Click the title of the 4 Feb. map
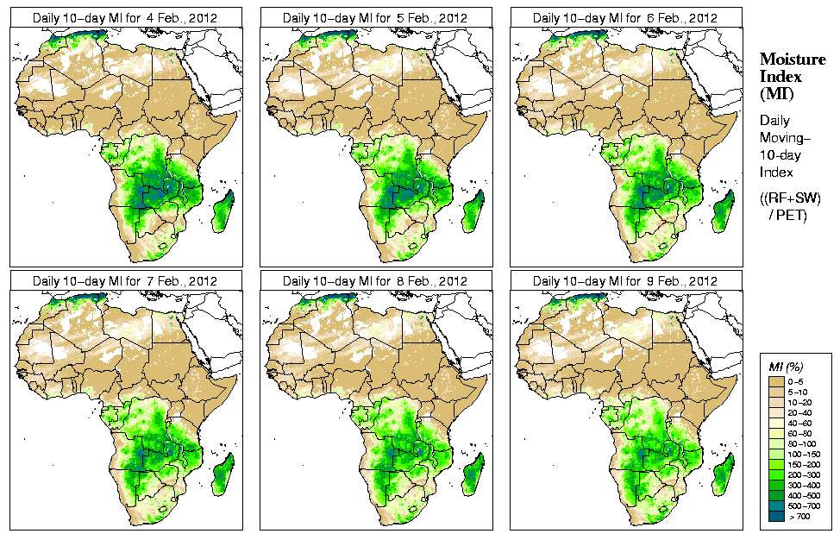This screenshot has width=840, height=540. [x=125, y=17]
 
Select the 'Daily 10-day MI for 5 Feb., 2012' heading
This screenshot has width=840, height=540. [x=375, y=17]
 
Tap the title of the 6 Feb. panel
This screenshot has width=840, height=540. [x=625, y=17]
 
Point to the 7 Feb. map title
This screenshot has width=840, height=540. [x=125, y=281]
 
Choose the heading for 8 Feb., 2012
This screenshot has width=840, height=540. [x=375, y=281]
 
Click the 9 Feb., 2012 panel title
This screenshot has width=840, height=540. [x=625, y=281]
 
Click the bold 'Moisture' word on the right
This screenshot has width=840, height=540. [x=786, y=60]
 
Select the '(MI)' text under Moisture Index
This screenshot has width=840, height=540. [x=774, y=93]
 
